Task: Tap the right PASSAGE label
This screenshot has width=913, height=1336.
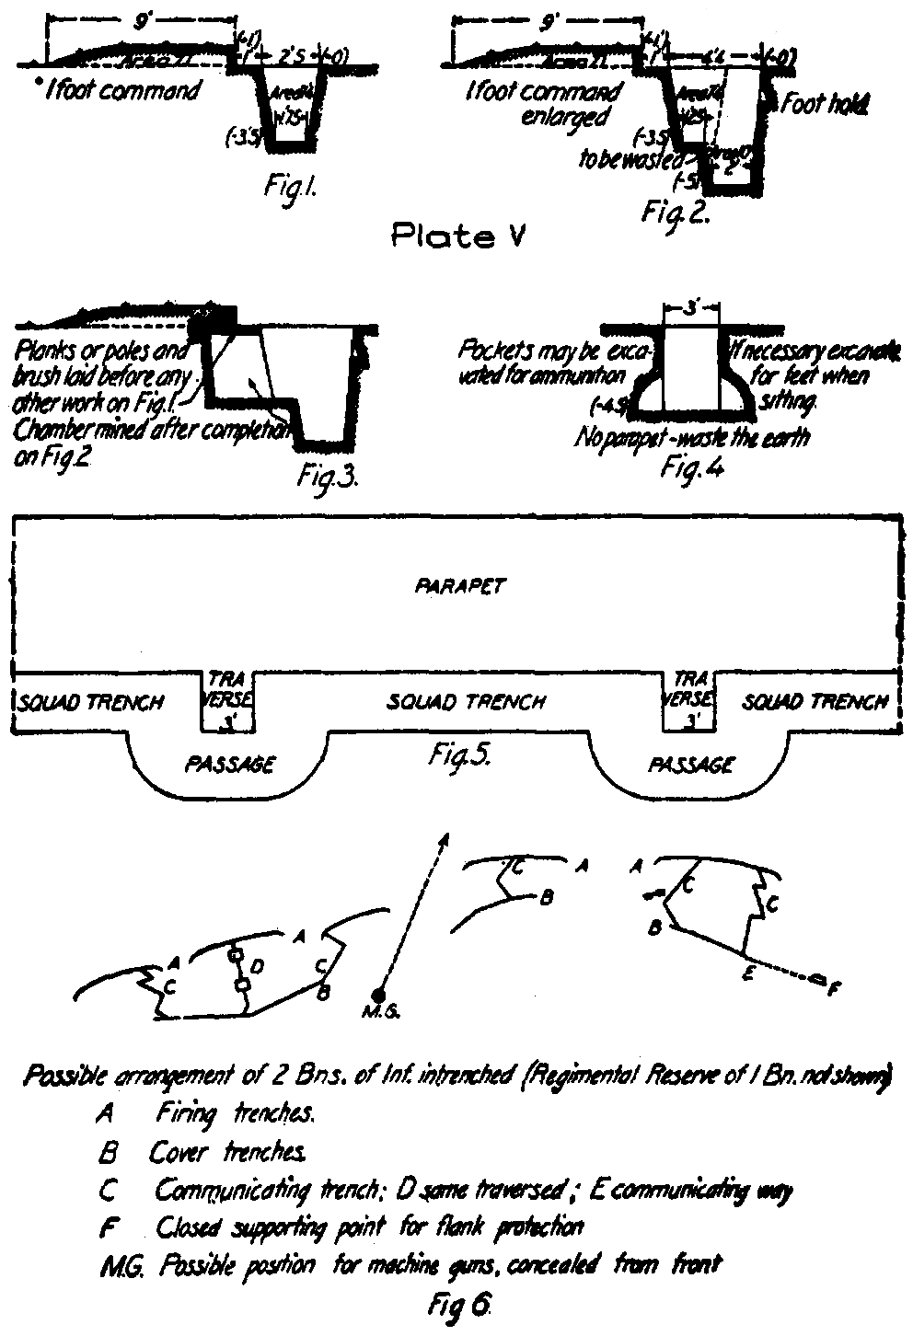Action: tap(691, 763)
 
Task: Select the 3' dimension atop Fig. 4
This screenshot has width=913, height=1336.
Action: tap(690, 309)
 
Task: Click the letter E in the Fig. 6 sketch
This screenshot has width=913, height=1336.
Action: tap(750, 976)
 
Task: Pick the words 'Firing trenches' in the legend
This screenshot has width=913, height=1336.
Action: tap(236, 1115)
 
